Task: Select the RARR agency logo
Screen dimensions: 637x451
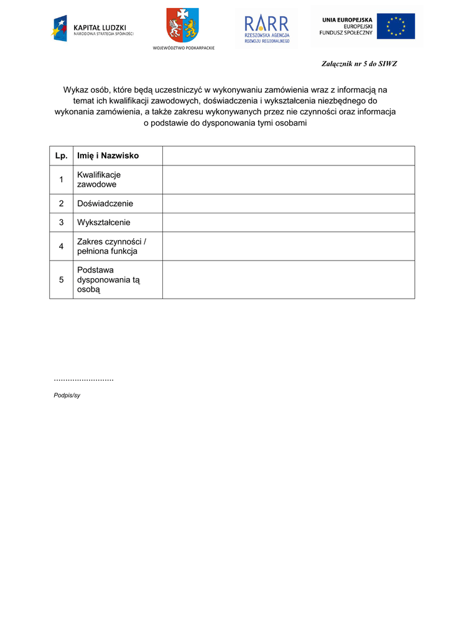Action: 266,28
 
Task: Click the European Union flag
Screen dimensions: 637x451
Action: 395,27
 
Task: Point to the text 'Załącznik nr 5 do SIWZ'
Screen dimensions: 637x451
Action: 359,64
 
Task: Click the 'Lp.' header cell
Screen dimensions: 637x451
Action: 61,156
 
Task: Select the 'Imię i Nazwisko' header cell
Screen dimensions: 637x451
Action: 108,156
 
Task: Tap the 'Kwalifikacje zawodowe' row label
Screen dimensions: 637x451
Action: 99,180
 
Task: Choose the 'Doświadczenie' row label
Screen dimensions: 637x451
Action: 105,203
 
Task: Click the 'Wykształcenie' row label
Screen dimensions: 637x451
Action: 103,222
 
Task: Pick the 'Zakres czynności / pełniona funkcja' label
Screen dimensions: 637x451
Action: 111,246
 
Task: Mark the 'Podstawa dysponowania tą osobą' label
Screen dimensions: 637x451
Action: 108,280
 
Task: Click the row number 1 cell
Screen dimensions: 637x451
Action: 61,180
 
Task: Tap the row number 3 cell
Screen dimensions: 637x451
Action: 61,222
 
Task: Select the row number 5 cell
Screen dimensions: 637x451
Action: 61,280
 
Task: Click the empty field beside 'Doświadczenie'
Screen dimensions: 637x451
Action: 288,203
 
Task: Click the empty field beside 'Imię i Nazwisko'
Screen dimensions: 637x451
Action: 288,156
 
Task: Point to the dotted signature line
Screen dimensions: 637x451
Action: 83,379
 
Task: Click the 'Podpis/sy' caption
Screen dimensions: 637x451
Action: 67,395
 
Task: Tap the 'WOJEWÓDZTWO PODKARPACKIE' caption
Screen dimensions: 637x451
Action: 183,48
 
